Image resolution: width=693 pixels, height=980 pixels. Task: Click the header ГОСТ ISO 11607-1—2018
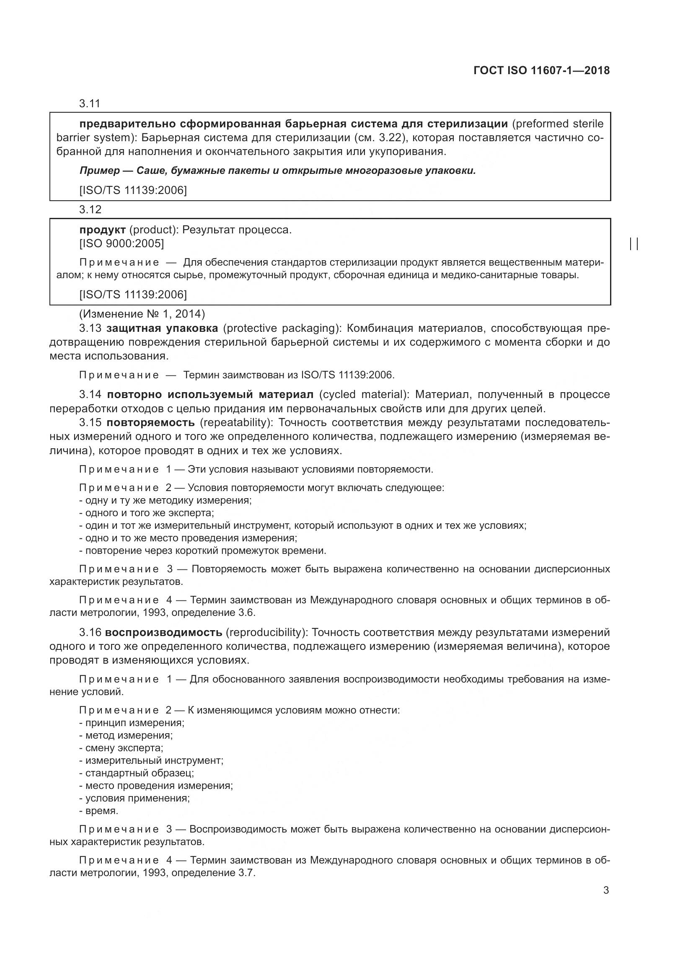pyautogui.click(x=541, y=70)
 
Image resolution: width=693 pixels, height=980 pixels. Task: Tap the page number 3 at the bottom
pyautogui.click(x=606, y=890)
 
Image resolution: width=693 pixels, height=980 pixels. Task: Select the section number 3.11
pyautogui.click(x=90, y=104)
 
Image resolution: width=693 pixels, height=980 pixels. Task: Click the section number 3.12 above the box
pyautogui.click(x=90, y=209)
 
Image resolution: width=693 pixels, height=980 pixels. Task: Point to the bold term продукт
pyautogui.click(x=102, y=230)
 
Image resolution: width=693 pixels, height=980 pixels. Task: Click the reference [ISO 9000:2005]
pyautogui.click(x=122, y=244)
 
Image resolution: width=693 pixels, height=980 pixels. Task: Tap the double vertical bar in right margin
pyautogui.click(x=634, y=244)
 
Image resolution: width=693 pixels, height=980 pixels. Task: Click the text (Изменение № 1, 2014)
pyautogui.click(x=142, y=314)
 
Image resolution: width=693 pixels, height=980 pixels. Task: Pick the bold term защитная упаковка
pyautogui.click(x=162, y=328)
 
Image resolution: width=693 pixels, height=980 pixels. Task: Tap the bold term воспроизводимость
pyautogui.click(x=163, y=632)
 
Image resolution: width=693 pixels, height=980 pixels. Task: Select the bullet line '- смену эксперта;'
pyautogui.click(x=121, y=748)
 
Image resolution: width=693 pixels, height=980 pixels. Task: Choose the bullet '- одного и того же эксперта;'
pyautogui.click(x=146, y=512)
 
